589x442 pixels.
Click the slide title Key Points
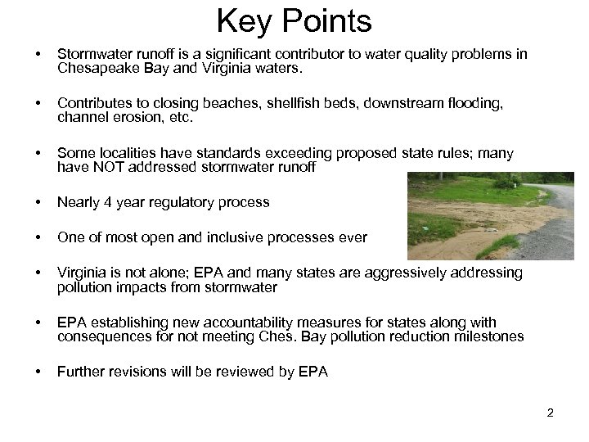(x=294, y=20)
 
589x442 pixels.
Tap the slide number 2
(x=551, y=413)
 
